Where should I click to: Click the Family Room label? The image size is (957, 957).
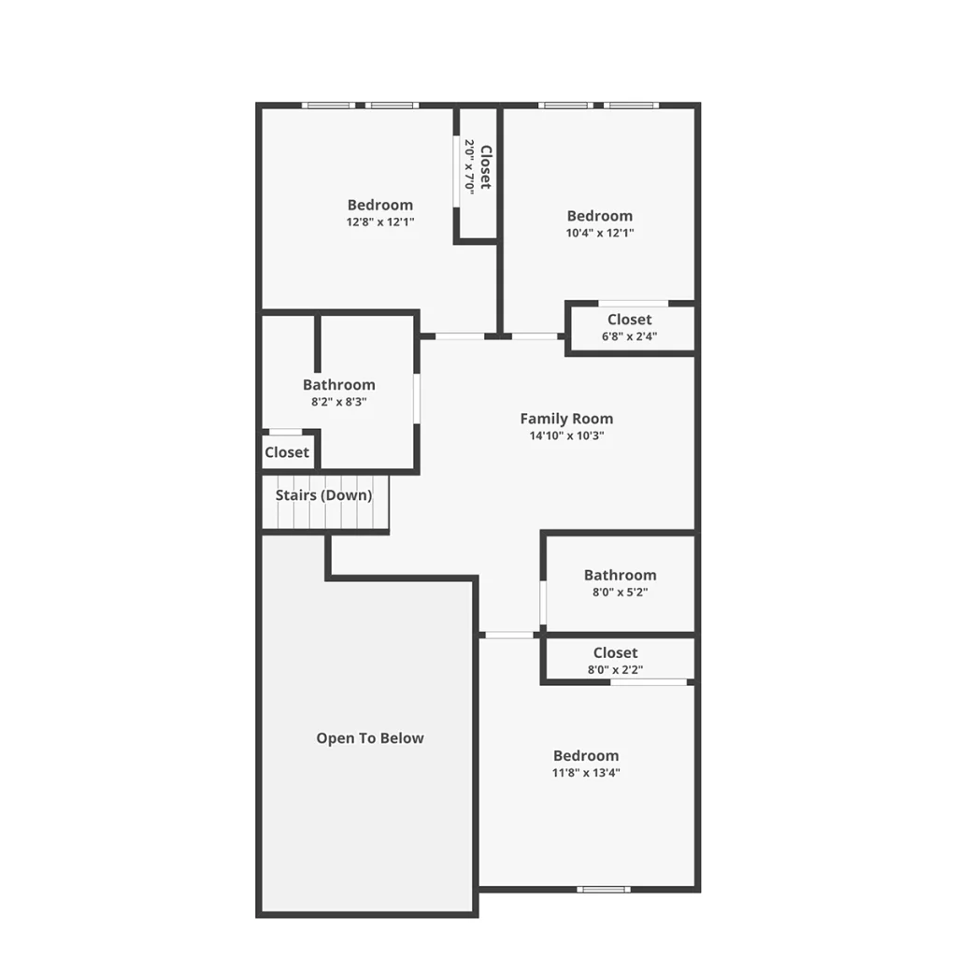(x=566, y=419)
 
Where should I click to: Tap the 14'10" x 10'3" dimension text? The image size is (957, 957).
(x=566, y=436)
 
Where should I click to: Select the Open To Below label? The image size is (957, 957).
(x=370, y=738)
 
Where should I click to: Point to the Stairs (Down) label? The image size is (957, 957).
(x=323, y=495)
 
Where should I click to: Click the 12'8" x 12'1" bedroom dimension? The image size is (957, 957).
(x=380, y=222)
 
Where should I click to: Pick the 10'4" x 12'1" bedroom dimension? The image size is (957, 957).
(x=600, y=233)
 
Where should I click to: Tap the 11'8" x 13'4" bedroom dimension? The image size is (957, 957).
(x=586, y=773)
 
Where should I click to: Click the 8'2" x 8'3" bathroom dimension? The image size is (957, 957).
(x=338, y=402)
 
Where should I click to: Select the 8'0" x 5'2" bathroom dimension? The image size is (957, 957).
(x=621, y=592)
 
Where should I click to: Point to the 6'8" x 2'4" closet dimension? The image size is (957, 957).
(x=629, y=336)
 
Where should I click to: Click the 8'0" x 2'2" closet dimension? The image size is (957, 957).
(x=615, y=669)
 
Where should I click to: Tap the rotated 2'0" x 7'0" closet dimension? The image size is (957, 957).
(x=469, y=167)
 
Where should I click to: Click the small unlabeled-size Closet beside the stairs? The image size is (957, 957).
(x=287, y=452)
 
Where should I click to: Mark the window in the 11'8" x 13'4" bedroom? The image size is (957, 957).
(x=604, y=890)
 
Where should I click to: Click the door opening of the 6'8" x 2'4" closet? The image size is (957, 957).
(x=633, y=304)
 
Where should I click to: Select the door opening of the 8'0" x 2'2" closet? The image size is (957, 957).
(x=649, y=681)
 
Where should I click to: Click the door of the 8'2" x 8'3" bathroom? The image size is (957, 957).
(x=417, y=398)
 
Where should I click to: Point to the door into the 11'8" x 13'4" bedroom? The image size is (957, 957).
(x=509, y=636)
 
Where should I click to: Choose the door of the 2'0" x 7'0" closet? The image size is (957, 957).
(x=456, y=172)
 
